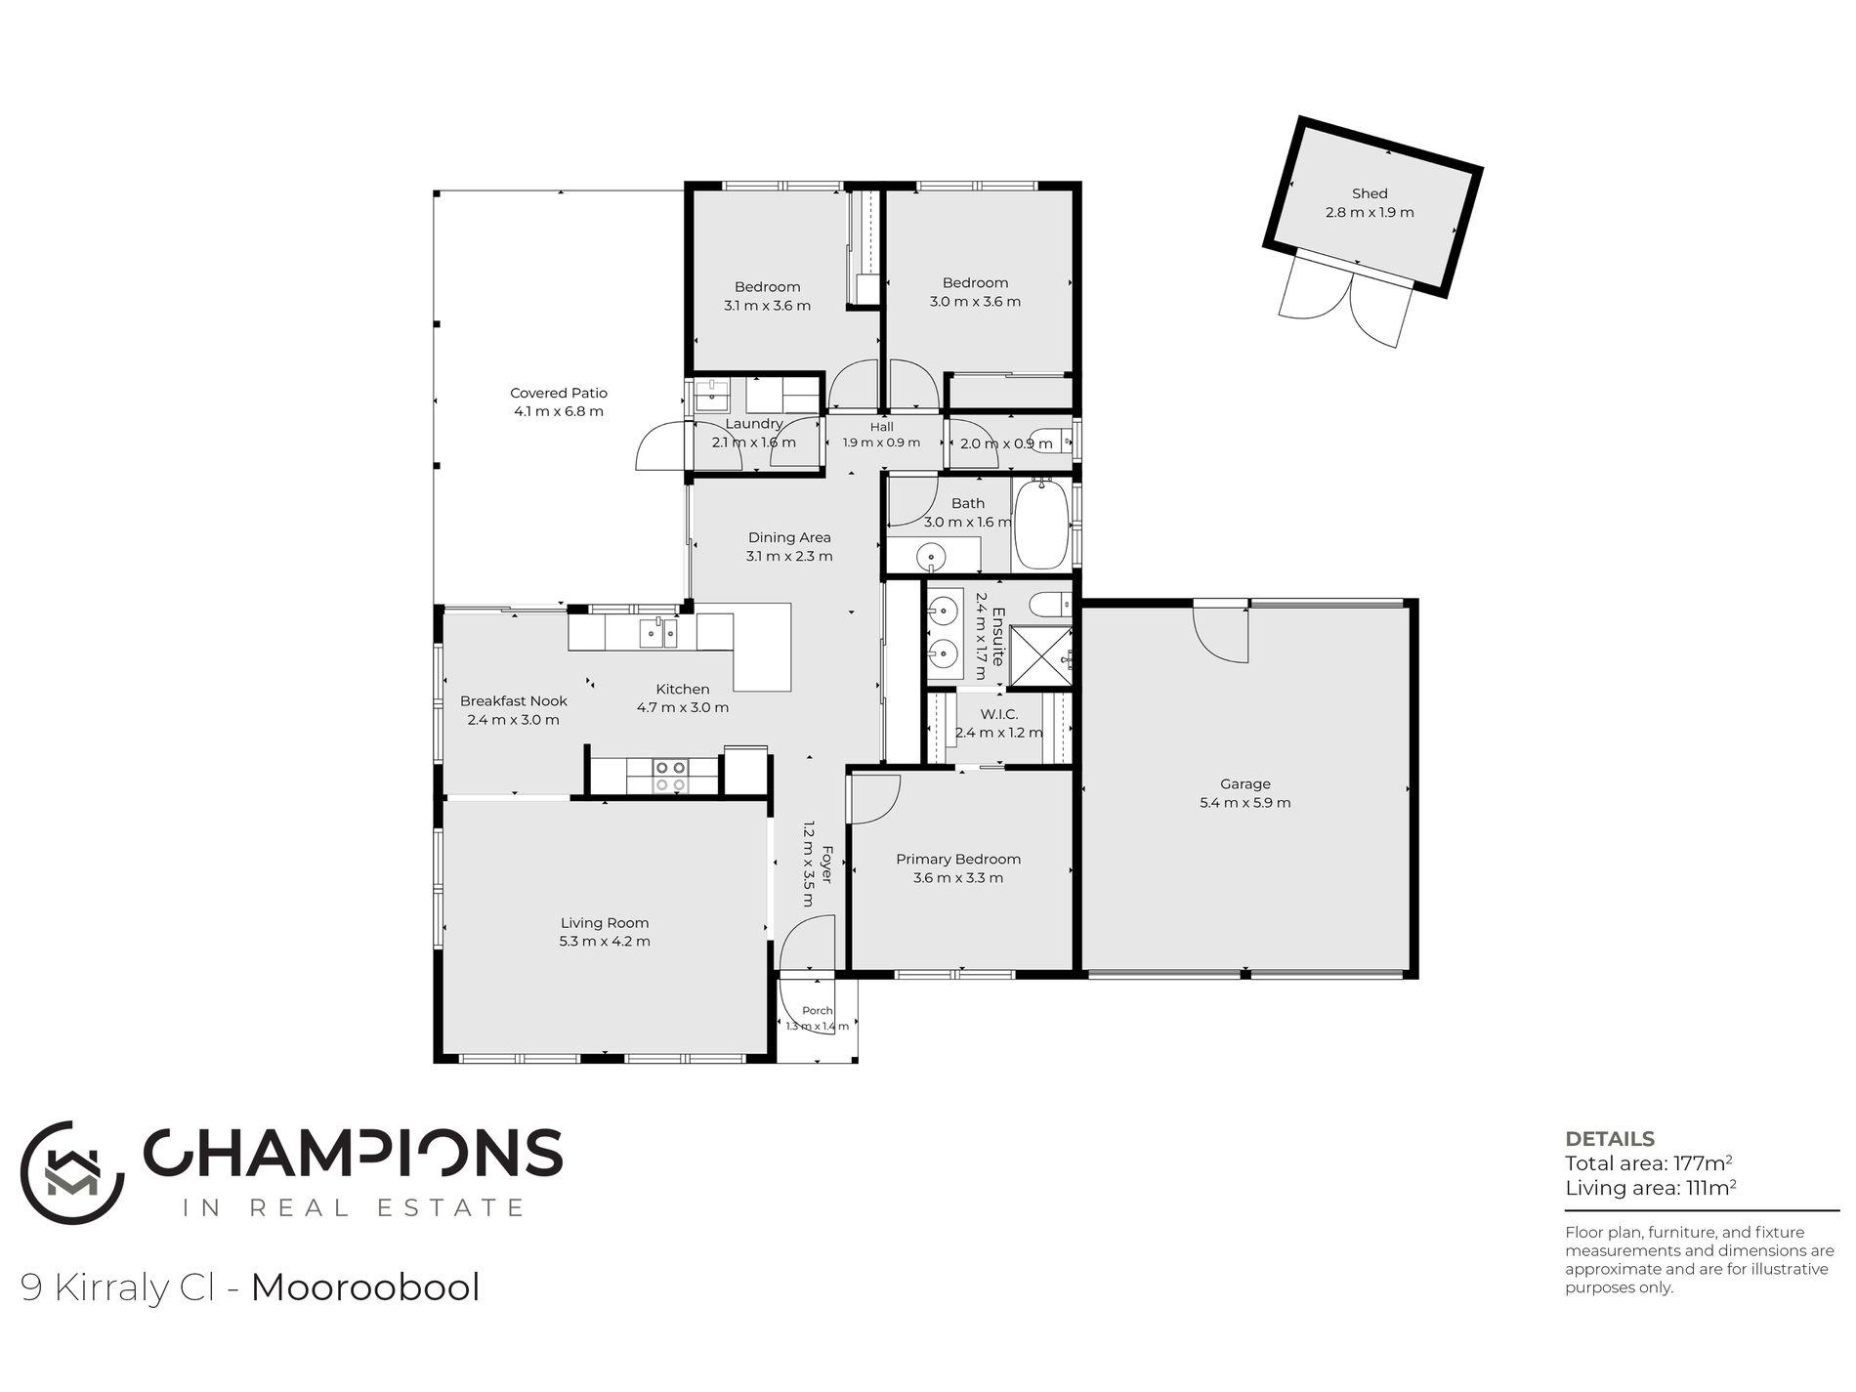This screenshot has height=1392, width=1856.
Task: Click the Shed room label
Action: tap(1370, 193)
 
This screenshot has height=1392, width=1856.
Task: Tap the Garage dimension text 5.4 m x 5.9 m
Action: tap(1245, 803)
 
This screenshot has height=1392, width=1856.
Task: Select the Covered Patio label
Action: tap(559, 393)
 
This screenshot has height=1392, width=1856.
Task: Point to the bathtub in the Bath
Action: tap(1043, 524)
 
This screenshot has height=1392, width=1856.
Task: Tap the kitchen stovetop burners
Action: tap(671, 776)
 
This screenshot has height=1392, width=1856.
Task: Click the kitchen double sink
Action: tap(658, 633)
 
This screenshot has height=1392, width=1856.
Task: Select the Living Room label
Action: tap(605, 922)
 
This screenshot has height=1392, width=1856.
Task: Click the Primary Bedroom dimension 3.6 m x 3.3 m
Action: tap(958, 878)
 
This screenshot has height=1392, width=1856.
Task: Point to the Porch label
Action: tap(818, 1011)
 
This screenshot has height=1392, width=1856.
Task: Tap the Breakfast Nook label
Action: tap(514, 700)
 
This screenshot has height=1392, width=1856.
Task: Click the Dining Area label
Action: tap(789, 537)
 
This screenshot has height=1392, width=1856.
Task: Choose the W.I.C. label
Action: tap(998, 714)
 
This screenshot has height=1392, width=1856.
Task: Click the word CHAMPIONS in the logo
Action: tap(354, 1154)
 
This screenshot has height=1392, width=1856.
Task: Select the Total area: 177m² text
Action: tap(1649, 1163)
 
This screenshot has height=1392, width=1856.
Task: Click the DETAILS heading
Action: tap(1610, 1139)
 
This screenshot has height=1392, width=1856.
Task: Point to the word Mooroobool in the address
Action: tap(365, 1287)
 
